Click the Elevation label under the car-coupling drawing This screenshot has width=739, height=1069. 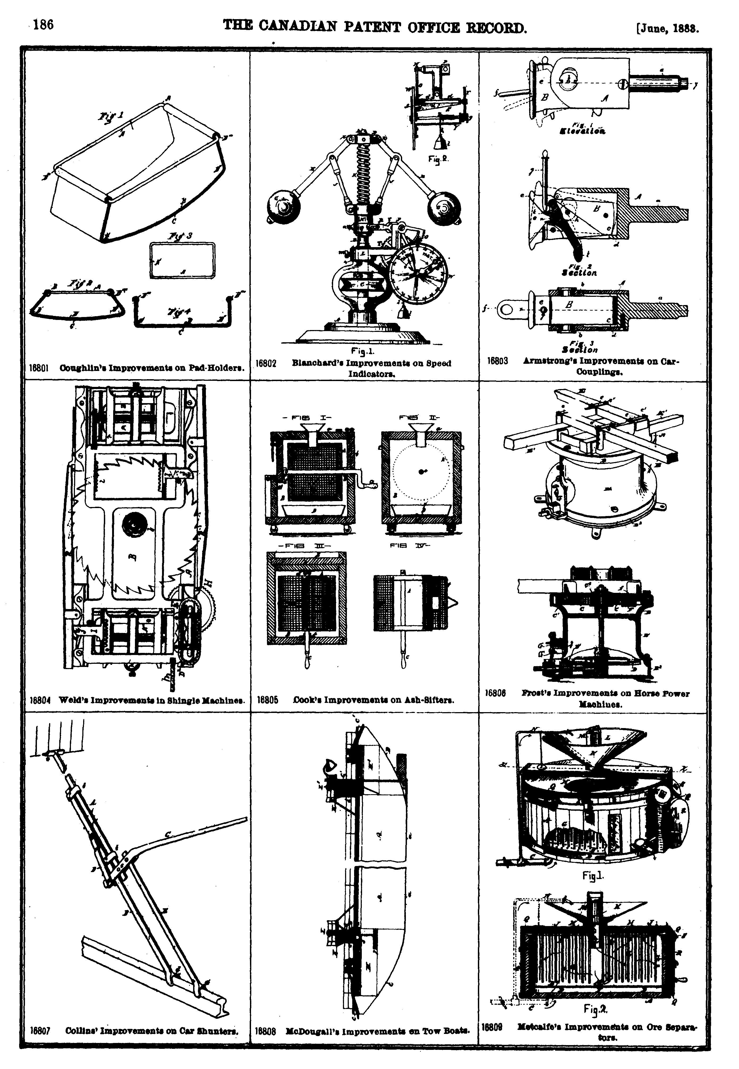(581, 131)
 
